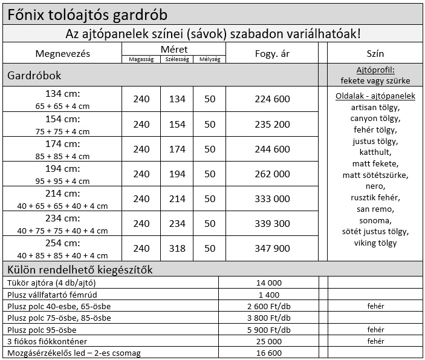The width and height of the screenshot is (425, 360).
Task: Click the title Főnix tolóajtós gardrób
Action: [88, 13]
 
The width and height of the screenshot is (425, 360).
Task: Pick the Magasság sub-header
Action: [141, 59]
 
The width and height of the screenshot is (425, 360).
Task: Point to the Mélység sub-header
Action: [210, 59]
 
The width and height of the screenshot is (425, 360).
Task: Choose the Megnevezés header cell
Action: [62, 53]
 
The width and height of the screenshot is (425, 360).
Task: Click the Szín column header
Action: [375, 53]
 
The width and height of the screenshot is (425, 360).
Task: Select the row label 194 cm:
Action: [62, 168]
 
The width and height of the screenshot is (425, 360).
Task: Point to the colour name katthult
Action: [375, 152]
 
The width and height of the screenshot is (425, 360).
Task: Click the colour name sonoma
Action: [375, 220]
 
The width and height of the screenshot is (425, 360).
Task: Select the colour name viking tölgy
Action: [375, 243]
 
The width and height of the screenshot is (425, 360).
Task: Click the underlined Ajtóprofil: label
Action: [375, 70]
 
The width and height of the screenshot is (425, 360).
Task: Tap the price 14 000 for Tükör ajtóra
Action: [269, 283]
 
